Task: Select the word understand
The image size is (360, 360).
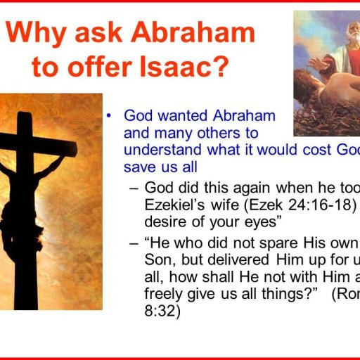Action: pyautogui.click(x=159, y=149)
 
